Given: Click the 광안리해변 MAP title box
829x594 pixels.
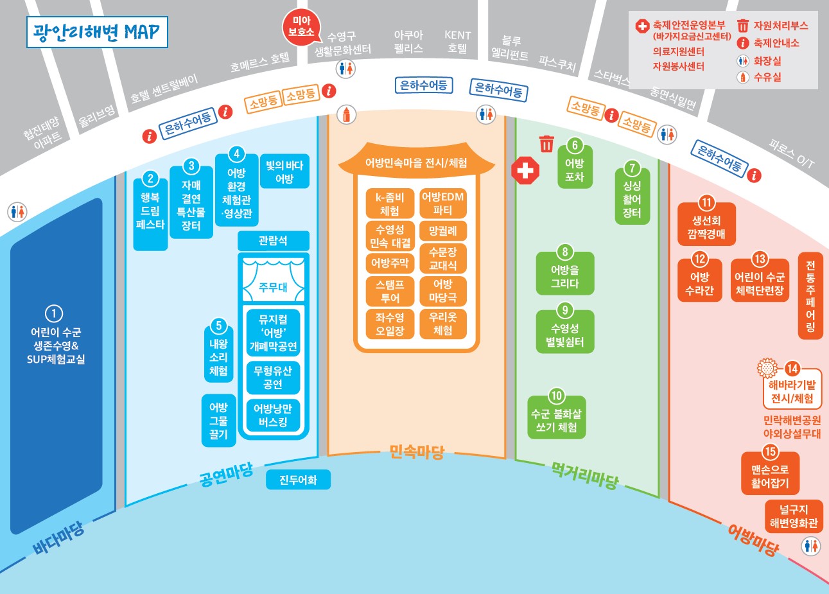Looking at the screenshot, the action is [x=97, y=32].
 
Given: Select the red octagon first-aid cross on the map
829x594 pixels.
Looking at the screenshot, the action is [x=525, y=170].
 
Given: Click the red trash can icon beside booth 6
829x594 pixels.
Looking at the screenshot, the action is [x=546, y=144].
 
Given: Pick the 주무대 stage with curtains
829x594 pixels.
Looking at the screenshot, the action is [x=274, y=280].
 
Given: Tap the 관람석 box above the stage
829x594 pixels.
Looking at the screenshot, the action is [x=274, y=241].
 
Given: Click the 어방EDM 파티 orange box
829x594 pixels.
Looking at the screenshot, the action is [x=443, y=203].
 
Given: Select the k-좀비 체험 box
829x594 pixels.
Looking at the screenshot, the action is [x=390, y=203].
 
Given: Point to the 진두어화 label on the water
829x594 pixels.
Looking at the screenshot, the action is [x=299, y=480].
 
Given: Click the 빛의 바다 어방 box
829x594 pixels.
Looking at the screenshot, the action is [x=284, y=171].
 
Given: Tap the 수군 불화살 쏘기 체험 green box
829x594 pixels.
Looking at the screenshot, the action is [x=557, y=417].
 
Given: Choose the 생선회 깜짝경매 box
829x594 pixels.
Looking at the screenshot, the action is [x=706, y=224].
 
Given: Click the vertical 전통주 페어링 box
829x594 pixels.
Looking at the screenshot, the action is [x=810, y=295].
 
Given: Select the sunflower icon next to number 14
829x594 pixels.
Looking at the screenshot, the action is [x=767, y=368].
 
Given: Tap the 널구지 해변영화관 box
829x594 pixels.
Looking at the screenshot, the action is [x=794, y=516].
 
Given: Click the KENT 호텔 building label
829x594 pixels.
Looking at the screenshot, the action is [x=457, y=42].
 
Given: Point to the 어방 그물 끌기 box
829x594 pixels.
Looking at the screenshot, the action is [x=219, y=421].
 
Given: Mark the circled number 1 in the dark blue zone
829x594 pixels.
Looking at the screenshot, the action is [x=54, y=313].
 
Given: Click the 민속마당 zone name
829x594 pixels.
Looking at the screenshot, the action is [x=417, y=452].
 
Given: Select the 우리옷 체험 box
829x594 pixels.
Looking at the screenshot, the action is [x=443, y=324].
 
